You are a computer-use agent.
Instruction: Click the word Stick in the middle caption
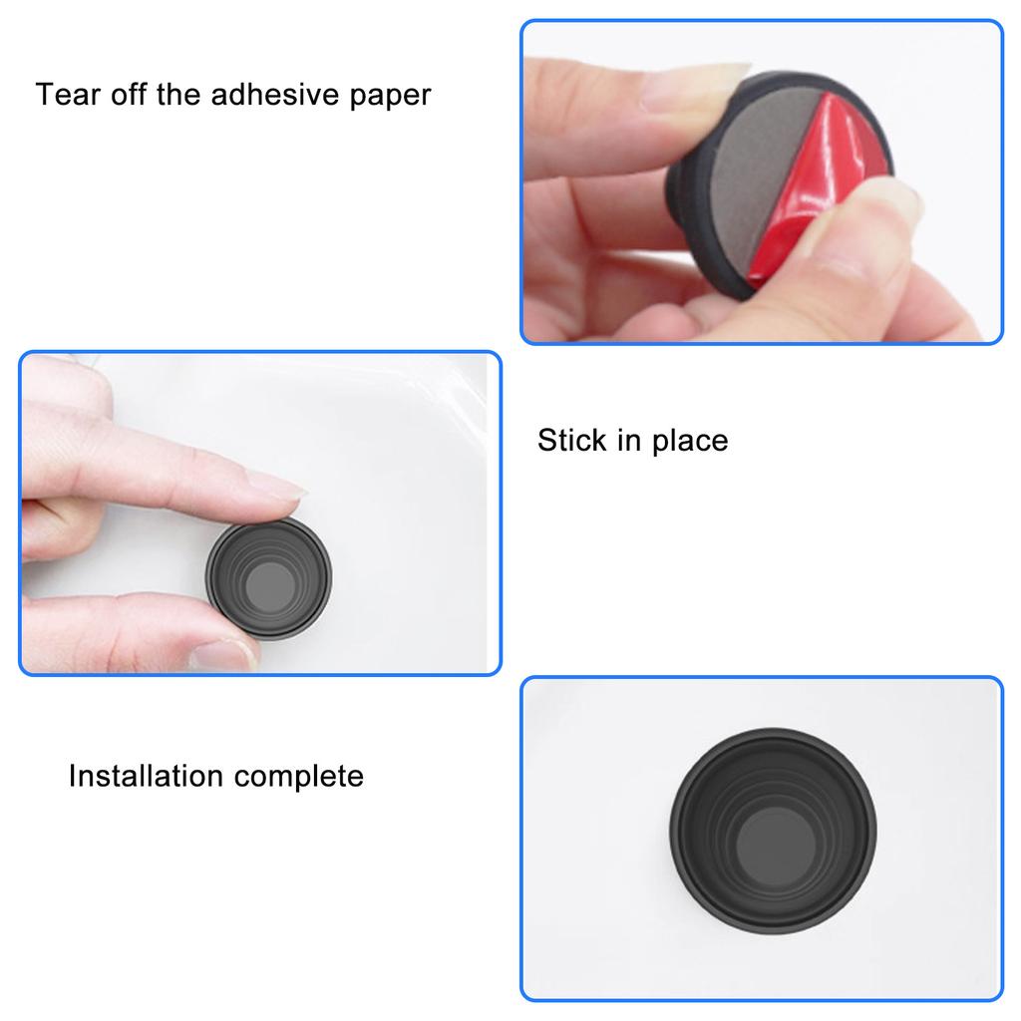[572, 441]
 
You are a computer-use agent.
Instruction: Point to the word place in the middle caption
[690, 441]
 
